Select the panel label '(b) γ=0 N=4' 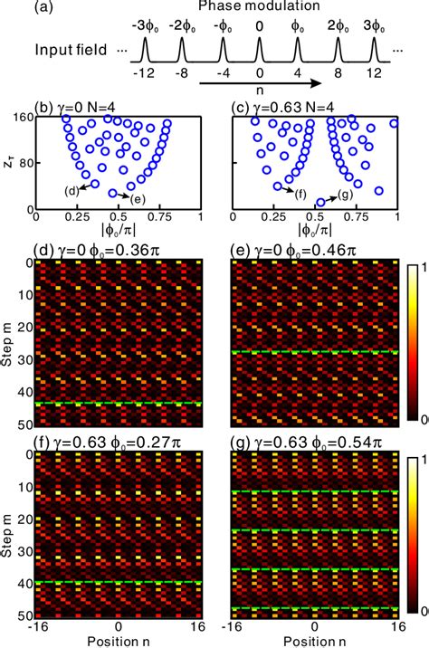(86, 109)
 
